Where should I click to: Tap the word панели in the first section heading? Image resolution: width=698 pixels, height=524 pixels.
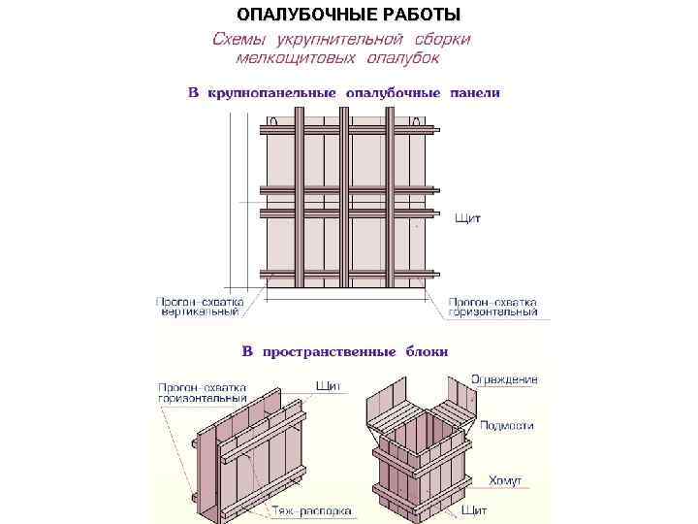pos(474,93)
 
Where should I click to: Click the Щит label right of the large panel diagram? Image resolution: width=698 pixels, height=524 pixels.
pos(468,219)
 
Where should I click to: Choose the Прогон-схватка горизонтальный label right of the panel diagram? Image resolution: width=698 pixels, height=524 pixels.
pos(492,307)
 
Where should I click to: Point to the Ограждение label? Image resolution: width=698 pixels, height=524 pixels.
pos(504,379)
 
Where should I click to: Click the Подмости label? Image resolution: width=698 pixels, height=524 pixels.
pos(506,425)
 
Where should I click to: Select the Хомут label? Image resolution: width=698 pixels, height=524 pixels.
pos(504,478)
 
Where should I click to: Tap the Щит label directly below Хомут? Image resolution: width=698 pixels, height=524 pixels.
pos(474,509)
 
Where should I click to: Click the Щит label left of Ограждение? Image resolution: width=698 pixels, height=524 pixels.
pos(328,385)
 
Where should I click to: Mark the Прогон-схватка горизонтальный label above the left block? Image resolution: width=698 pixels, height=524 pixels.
pos(202,392)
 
